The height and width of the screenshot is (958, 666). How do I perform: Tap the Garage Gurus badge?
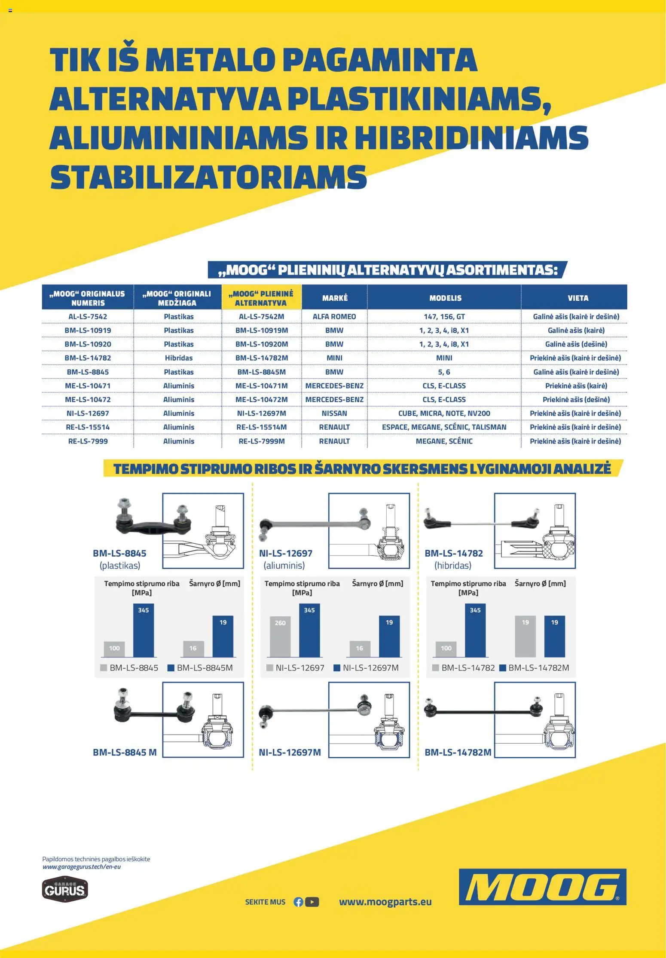coord(65,889)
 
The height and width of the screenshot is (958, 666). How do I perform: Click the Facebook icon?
coord(298,902)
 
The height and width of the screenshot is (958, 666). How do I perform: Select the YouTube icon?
coord(312,902)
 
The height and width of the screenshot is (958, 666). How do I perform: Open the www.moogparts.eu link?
coord(385,902)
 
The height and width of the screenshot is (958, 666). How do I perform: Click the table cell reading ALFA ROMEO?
coord(334,317)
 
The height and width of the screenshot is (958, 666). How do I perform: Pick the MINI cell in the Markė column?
coord(334,358)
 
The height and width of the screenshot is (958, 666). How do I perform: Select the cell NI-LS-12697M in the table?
coord(261,413)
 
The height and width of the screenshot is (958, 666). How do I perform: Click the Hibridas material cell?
coord(179,358)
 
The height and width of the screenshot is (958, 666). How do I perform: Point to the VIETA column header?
coord(578,298)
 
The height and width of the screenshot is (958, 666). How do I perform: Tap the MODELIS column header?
coord(445,298)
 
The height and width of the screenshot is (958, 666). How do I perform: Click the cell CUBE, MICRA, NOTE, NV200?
coord(444,413)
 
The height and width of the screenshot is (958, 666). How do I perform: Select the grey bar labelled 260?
coord(280,637)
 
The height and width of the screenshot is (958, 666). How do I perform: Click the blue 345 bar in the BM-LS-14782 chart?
coord(475,631)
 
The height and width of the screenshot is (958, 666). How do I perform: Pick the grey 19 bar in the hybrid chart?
coord(525,637)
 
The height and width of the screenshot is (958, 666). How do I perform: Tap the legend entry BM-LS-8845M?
coord(200,668)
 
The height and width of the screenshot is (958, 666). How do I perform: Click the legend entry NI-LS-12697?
coord(296,668)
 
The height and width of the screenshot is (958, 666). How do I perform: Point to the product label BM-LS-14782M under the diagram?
coord(458,753)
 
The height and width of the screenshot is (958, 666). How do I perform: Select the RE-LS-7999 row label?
coord(88,441)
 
